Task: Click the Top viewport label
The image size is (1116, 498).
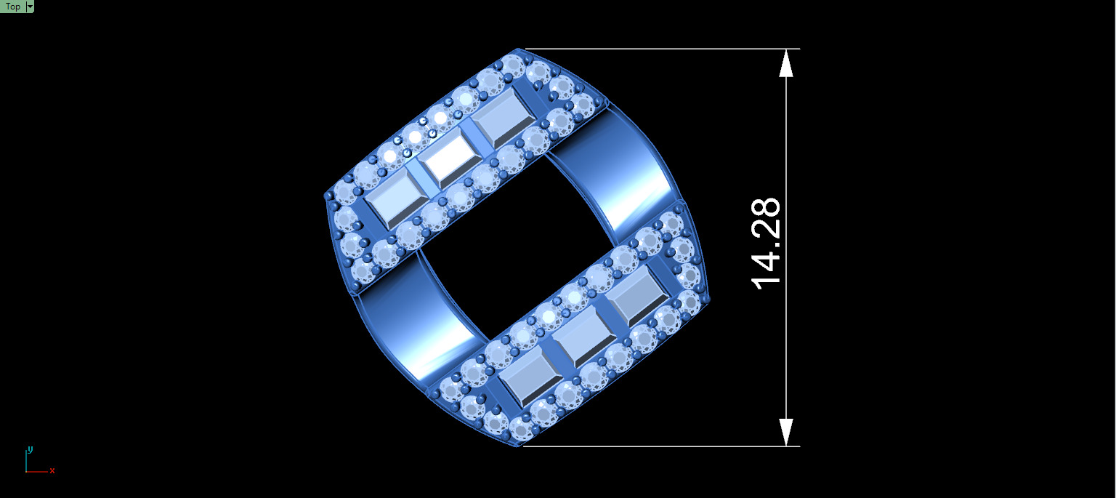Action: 12,7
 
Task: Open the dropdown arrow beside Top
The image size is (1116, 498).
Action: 30,7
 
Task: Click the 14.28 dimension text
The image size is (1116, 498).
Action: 767,244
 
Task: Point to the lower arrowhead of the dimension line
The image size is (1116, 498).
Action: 786,432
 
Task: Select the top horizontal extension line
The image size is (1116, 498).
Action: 661,49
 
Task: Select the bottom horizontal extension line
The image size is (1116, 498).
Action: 661,446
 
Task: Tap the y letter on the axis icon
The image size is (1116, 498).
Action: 30,449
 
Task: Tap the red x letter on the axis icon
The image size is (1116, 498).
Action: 52,471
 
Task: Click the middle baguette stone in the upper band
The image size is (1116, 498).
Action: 447,161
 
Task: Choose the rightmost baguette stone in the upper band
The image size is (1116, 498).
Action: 503,120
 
